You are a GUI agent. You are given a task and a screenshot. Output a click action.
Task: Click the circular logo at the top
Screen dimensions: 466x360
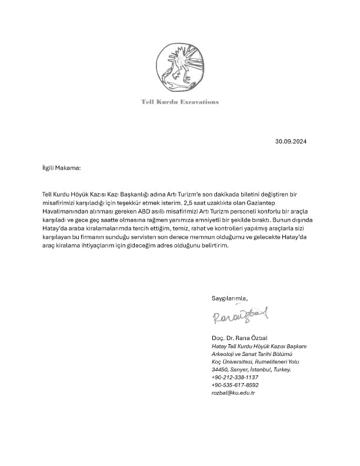[179, 66]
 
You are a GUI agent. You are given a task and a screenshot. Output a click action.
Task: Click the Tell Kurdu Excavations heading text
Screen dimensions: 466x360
[180, 102]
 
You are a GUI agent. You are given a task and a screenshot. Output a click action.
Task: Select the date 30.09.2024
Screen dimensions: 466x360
[291, 142]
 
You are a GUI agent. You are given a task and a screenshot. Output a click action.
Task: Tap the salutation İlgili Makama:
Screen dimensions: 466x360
[57, 168]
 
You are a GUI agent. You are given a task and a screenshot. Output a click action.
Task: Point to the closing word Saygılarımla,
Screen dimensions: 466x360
[230, 298]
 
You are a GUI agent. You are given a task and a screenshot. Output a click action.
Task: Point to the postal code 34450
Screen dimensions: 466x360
[220, 369]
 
